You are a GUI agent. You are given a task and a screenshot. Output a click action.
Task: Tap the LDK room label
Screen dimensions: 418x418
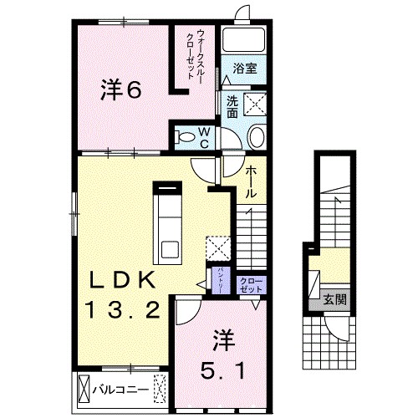click(120, 278)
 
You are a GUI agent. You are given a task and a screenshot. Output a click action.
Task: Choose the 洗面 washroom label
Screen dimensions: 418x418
click(232, 106)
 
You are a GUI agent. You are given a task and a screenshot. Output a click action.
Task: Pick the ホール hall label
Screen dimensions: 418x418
click(250, 181)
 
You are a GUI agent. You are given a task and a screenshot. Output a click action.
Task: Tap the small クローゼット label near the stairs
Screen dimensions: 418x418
click(250, 283)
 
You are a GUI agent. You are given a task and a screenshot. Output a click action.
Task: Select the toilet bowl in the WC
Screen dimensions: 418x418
click(188, 134)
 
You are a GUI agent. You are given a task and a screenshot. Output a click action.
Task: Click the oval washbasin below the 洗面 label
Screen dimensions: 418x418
click(257, 137)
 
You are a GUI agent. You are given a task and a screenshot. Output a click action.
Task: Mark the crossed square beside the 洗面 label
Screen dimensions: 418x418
click(254, 104)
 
